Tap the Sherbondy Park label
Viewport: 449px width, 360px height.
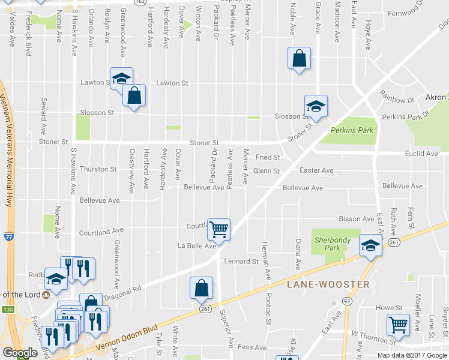pos(332,244)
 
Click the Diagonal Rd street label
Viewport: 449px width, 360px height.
pos(122,292)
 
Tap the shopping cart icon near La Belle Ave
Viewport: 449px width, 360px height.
pos(219,229)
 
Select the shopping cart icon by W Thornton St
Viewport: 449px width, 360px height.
pos(398,325)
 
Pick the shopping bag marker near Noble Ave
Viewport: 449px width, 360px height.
pos(299,58)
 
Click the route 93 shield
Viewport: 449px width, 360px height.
pos(346,300)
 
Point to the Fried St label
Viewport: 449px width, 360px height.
pos(268,157)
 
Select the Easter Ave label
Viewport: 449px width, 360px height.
pos(316,170)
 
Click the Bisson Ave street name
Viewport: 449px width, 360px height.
pos(357,219)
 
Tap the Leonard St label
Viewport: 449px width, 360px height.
pos(241,262)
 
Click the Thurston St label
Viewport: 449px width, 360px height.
pos(98,169)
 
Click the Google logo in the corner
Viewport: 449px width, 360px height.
pos(20,353)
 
